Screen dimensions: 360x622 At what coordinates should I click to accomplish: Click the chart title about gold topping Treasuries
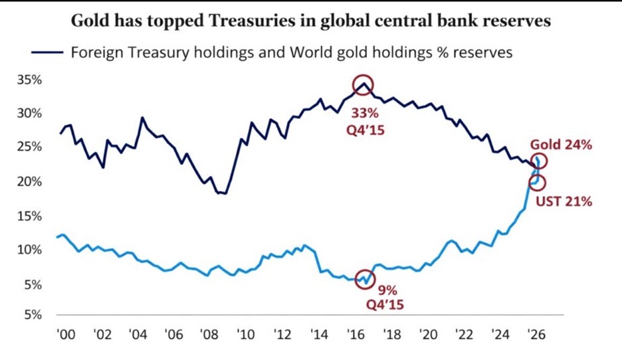pos(310,21)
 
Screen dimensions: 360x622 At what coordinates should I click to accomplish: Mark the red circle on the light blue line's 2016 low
pos(365,280)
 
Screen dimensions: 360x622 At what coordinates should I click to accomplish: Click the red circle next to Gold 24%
pos(540,161)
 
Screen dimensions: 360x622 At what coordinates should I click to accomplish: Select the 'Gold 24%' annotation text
pos(560,145)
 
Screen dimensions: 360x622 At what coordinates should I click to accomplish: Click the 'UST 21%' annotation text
pos(564,201)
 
